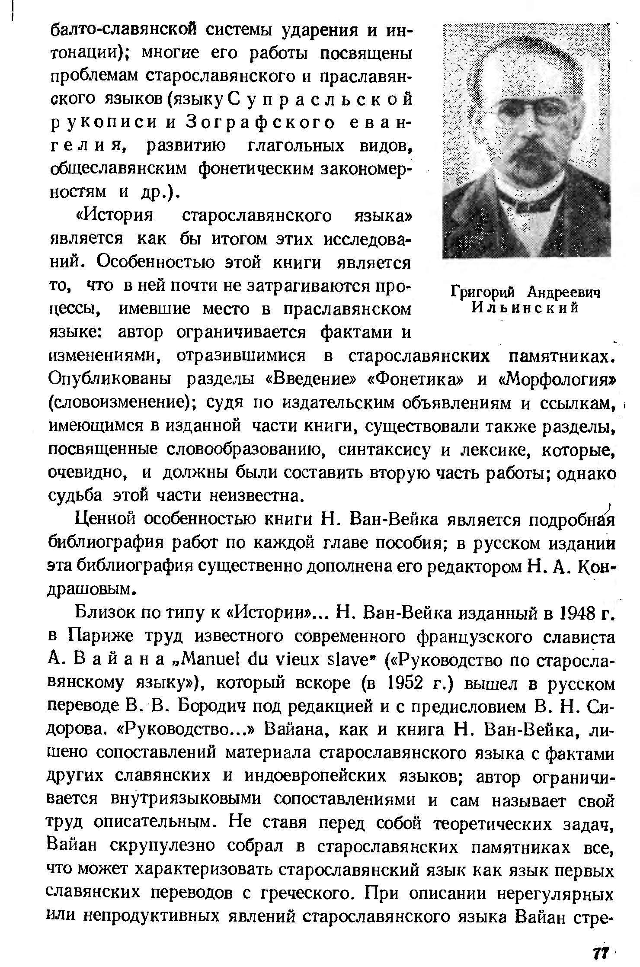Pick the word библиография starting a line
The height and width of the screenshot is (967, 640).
click(106, 543)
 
